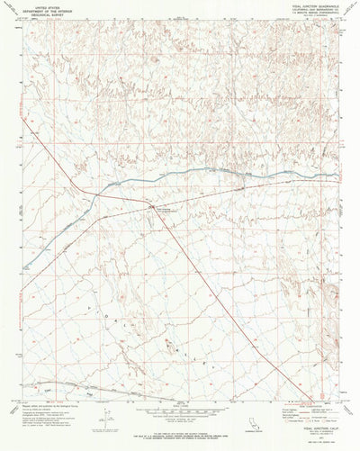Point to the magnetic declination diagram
tap(106, 419)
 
